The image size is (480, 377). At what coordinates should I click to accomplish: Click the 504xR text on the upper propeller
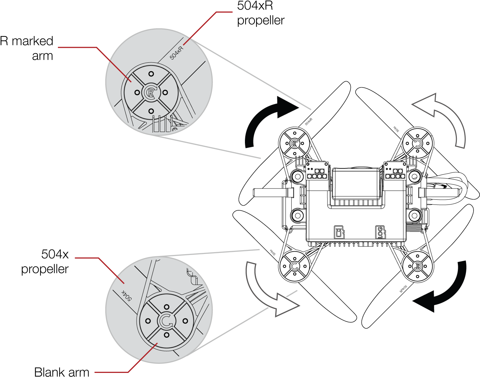coord(176,52)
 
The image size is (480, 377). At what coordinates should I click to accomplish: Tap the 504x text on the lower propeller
coord(126,295)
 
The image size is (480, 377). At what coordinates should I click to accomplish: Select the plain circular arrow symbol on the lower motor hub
coord(166,321)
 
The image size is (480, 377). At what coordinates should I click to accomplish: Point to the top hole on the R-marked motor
coord(151,74)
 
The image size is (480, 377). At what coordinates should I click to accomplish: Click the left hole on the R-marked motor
coord(137,92)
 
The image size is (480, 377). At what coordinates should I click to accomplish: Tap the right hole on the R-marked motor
coord(165,92)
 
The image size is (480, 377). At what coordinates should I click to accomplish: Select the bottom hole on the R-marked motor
coord(151,111)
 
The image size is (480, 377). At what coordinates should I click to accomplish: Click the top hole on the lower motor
coord(167,307)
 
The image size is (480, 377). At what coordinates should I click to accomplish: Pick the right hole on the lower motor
coord(185,321)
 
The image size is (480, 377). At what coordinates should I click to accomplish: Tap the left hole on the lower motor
coord(148,321)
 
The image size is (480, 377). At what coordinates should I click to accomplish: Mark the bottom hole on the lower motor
coord(167,335)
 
